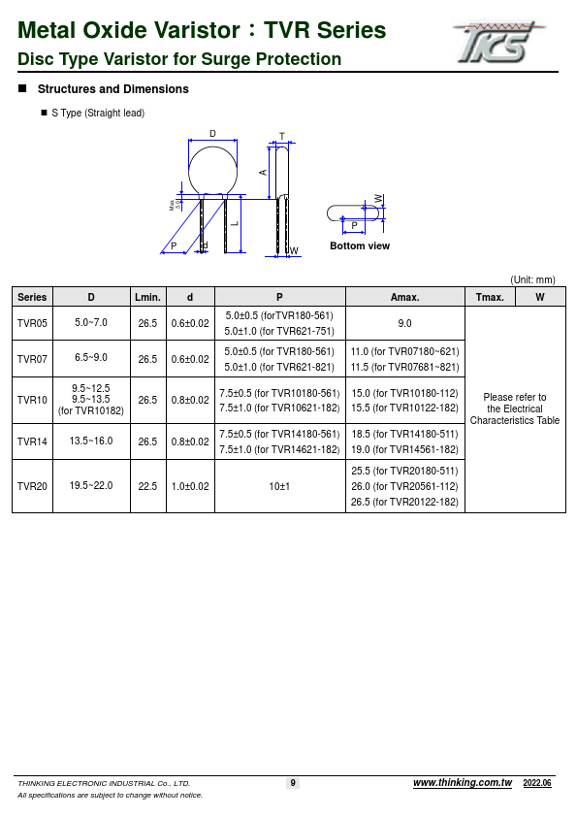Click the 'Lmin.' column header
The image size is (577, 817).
pos(147,297)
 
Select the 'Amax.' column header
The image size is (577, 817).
pos(404,297)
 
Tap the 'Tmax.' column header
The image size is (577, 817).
pos(490,297)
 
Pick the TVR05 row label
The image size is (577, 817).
pos(32,323)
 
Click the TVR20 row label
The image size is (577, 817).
pos(32,486)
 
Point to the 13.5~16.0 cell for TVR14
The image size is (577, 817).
pos(91,441)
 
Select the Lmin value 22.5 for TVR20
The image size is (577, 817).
pos(147,486)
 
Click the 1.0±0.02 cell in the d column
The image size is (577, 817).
pos(189,486)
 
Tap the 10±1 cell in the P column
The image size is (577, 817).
pos(279,486)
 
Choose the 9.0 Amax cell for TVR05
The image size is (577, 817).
pos(404,323)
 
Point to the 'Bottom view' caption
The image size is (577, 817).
pos(360,246)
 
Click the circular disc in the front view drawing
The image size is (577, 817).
pos(213,171)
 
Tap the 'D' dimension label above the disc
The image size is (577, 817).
pos(212,133)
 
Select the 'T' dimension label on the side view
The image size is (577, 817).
pos(281,136)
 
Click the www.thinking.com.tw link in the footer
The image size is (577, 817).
pos(462,783)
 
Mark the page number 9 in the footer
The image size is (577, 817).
pos(293,783)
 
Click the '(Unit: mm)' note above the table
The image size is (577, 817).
pos(532,279)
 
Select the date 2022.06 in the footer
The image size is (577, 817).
pos(537,783)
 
